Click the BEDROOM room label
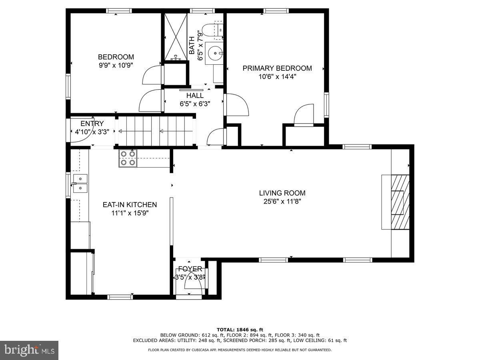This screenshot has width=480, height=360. tap(116, 57)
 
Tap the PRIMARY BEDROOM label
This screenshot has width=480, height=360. tap(277, 68)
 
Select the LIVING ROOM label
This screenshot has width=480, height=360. tap(282, 193)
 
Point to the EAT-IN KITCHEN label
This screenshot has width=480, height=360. tap(130, 205)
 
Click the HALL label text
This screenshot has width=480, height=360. tap(195, 96)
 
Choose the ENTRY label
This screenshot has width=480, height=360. tap(92, 124)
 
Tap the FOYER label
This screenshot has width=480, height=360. tap(190, 269)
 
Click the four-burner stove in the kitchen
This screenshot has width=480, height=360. tap(128, 158)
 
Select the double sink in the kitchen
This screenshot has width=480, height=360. tap(80, 183)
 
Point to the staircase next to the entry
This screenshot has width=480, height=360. tap(156, 131)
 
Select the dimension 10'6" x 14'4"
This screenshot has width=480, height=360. tap(277, 77)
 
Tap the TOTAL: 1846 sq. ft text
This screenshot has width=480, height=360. tap(240, 330)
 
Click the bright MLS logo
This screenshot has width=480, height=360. tap(29, 350)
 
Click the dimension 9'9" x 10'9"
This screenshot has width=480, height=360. tap(116, 65)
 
